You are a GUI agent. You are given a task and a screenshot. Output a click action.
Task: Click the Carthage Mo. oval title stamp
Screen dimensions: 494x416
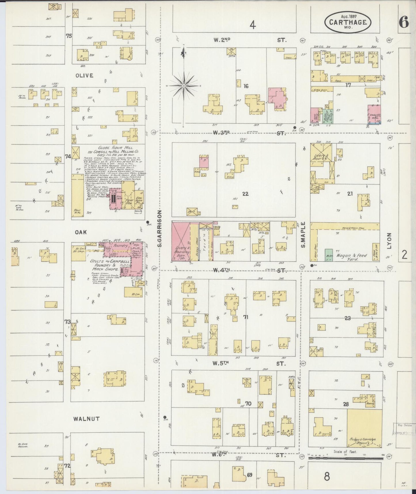347,22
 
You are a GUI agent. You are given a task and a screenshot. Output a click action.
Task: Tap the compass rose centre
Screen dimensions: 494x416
184,86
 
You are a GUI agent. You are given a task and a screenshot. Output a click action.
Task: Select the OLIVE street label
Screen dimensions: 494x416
84,76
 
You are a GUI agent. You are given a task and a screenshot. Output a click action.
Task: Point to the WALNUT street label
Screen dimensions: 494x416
82,419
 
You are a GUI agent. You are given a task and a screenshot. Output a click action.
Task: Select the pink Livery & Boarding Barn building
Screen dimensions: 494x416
181,242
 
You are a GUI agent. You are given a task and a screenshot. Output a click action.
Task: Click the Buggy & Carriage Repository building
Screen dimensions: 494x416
364,427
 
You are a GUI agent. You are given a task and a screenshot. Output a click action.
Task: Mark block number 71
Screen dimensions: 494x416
246,317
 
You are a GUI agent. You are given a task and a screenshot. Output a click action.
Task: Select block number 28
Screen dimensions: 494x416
346,404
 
